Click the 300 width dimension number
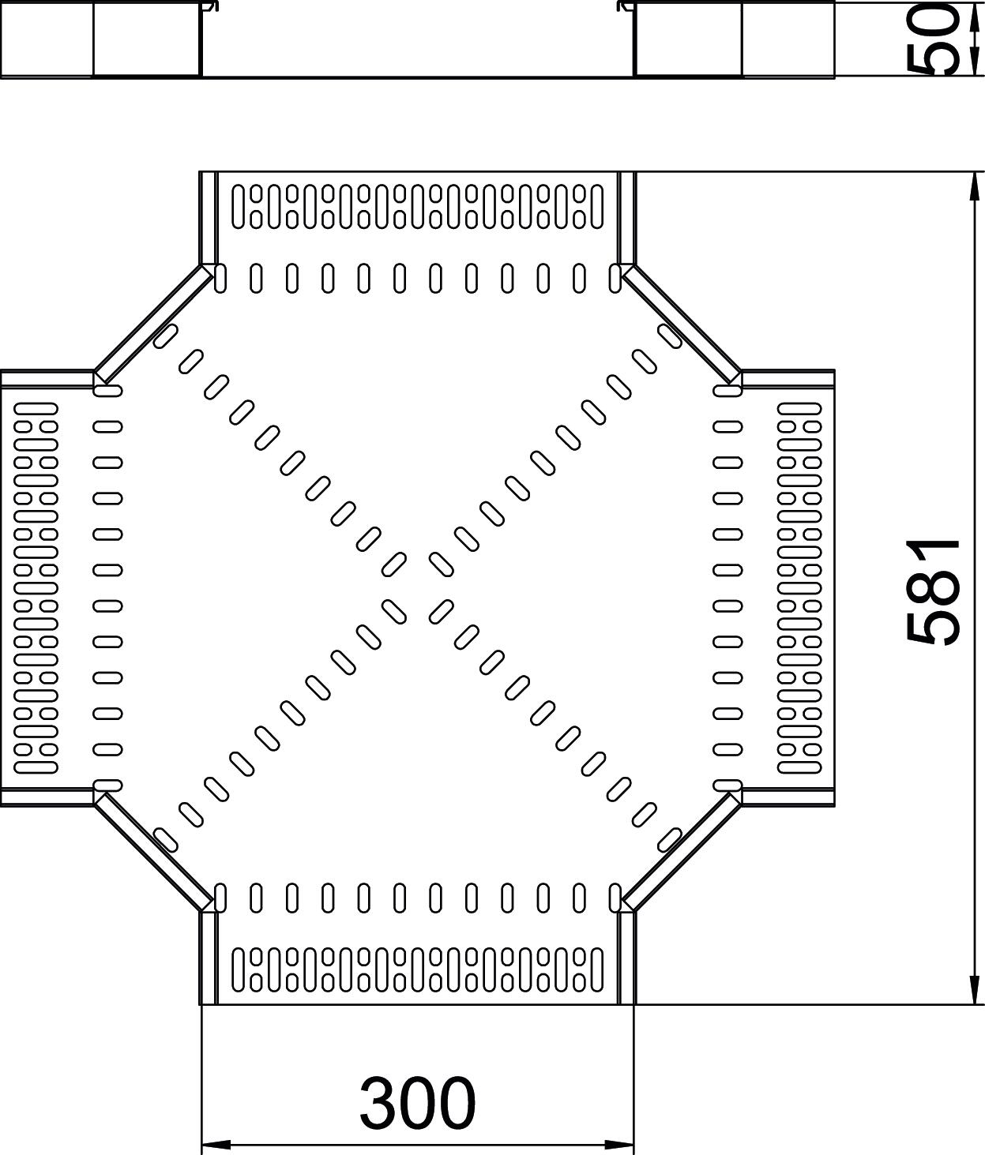[x=418, y=1102]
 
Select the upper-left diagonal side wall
[x=153, y=323]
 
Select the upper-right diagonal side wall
[x=681, y=323]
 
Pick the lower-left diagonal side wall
[x=153, y=853]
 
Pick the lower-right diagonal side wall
[x=681, y=853]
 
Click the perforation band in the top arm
[x=417, y=207]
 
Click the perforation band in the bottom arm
[x=417, y=969]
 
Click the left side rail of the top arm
[x=207, y=217]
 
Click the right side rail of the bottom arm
[x=626, y=957]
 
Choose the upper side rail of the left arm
[x=47, y=380]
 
